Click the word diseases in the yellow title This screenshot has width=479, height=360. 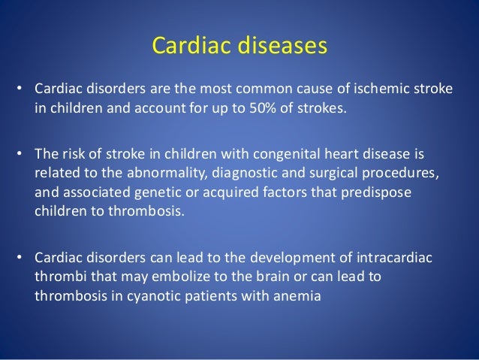pos(282,45)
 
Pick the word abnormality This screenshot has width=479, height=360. pos(167,173)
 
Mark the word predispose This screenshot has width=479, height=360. pos(376,192)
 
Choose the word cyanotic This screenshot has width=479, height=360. pos(154,296)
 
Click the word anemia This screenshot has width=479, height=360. pos(297,296)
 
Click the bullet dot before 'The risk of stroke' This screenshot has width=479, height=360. pos(20,153)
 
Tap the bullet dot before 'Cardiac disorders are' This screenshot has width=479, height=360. pos(20,89)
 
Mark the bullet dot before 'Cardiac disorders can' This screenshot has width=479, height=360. pos(20,257)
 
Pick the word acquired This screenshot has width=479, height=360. pos(230,192)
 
